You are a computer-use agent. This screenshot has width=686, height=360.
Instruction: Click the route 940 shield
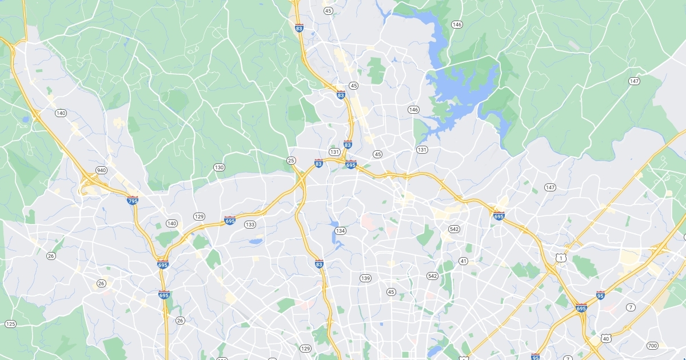point(102,170)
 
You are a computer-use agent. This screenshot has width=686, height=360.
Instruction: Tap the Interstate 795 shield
point(132,201)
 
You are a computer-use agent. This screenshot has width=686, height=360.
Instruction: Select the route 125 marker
point(10,324)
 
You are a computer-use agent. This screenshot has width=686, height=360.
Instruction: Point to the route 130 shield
point(220,167)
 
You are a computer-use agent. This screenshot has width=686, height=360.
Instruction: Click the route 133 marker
point(250,225)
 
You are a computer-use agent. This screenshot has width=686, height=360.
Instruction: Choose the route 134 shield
point(341,231)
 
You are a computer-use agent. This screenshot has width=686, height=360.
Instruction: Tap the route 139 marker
point(365,278)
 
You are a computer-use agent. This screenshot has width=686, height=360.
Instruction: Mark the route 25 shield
point(292,161)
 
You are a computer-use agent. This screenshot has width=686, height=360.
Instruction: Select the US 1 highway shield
point(561,258)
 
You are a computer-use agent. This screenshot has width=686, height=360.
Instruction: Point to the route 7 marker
point(631,307)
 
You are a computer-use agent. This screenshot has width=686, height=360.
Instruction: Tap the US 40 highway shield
point(607,338)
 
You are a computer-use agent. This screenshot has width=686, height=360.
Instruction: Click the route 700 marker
point(652,345)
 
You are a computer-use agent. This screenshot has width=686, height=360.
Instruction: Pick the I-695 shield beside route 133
point(230,221)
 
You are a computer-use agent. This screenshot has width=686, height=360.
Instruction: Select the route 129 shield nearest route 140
point(199,217)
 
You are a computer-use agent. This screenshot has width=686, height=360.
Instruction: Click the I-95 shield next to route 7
point(600,295)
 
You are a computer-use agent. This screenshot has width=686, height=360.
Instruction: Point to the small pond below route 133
point(256,242)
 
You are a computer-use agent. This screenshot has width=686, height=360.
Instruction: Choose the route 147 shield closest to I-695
point(550,187)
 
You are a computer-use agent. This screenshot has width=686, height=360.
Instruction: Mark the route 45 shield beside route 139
point(391,292)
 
